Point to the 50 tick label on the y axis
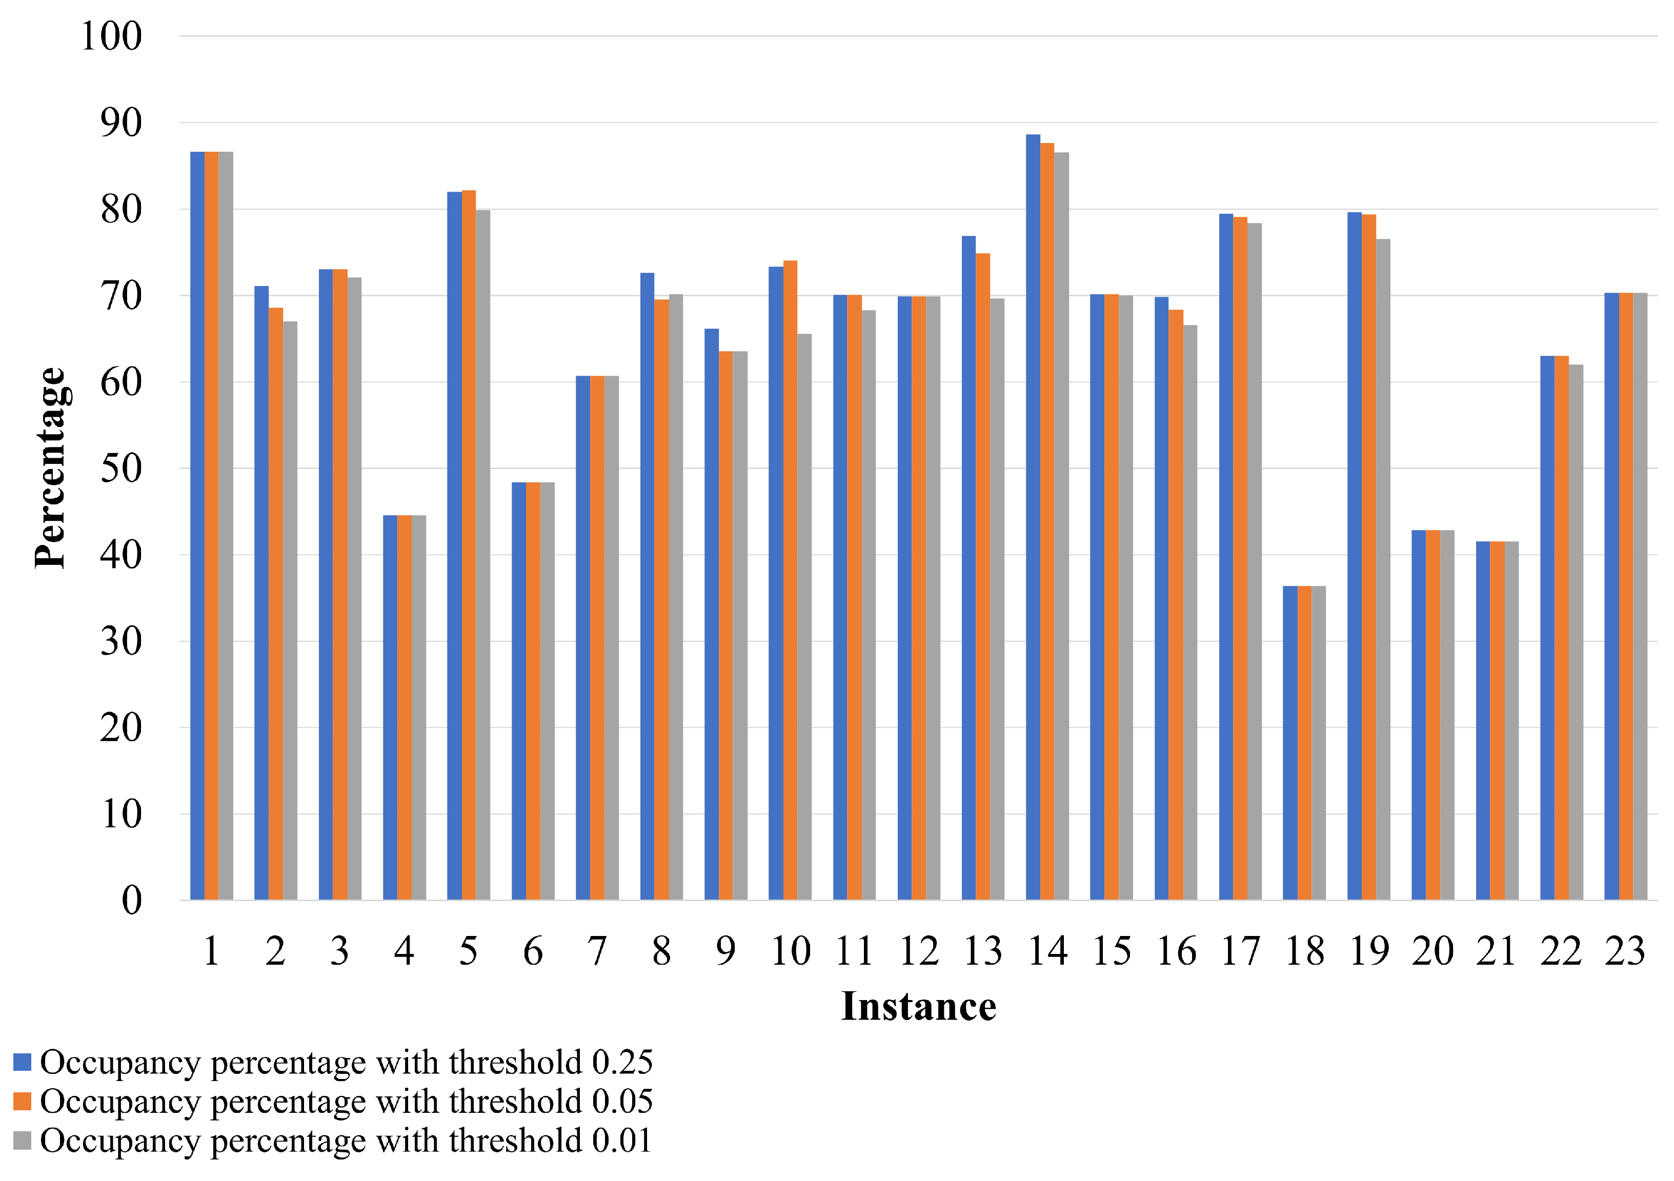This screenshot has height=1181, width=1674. [x=121, y=468]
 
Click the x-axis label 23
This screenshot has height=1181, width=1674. [x=1625, y=951]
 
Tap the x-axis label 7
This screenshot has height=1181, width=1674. [x=597, y=951]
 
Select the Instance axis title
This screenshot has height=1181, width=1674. [x=919, y=1007]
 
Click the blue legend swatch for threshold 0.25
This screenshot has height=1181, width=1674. [x=23, y=1062]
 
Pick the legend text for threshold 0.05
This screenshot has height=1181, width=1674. [x=346, y=1102]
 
